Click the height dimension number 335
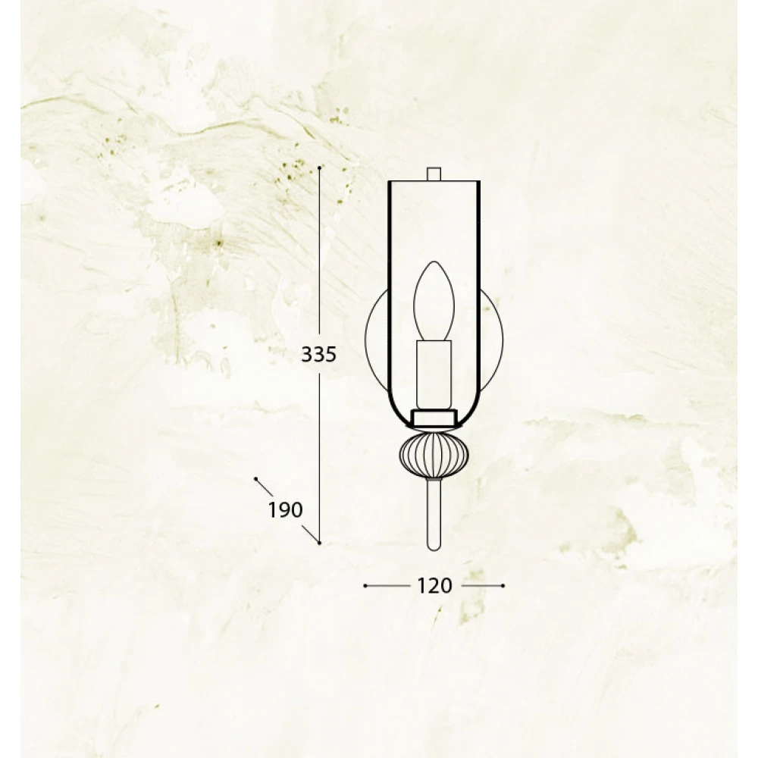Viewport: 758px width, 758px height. (x=318, y=354)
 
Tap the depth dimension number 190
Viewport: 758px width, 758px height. (x=286, y=509)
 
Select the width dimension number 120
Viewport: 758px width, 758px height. (x=434, y=585)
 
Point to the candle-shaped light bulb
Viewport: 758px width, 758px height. (x=434, y=302)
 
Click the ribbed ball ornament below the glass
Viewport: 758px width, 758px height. (x=434, y=454)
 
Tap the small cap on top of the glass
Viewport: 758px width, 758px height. (x=434, y=174)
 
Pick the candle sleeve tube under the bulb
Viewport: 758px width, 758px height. (x=434, y=374)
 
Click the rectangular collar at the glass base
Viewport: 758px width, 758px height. (x=434, y=418)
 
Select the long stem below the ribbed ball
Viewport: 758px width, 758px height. (x=434, y=514)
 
